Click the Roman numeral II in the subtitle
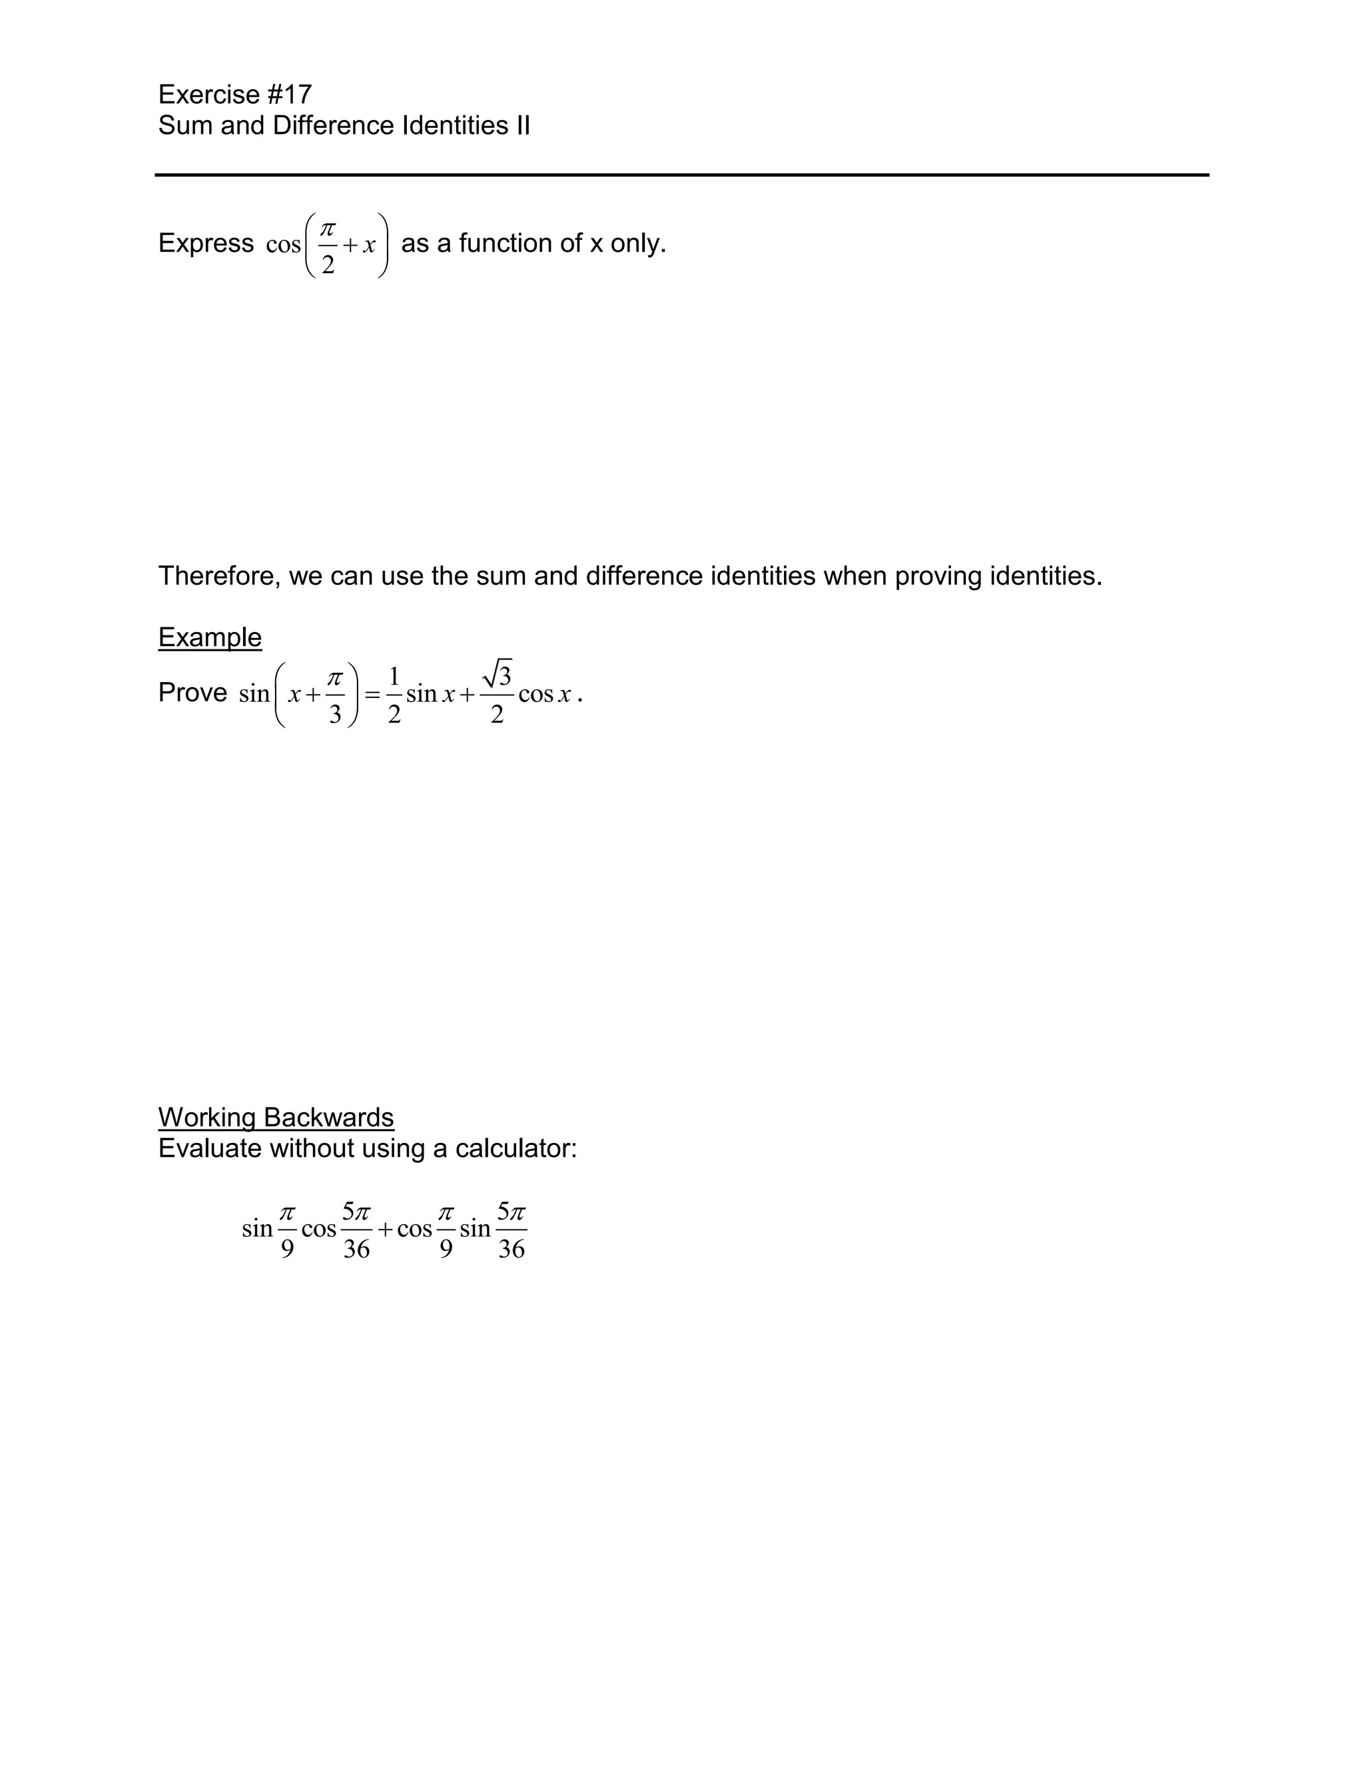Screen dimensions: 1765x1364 click(522, 125)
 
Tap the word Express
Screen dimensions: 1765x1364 click(206, 242)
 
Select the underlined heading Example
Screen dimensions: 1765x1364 click(209, 637)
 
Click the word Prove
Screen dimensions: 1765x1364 click(192, 693)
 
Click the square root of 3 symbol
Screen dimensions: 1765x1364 click(497, 674)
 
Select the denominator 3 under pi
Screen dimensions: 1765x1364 click(334, 715)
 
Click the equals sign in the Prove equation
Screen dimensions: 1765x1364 click(372, 694)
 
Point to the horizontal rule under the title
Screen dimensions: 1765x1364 click(681, 175)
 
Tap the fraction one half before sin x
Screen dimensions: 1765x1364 click(394, 694)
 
